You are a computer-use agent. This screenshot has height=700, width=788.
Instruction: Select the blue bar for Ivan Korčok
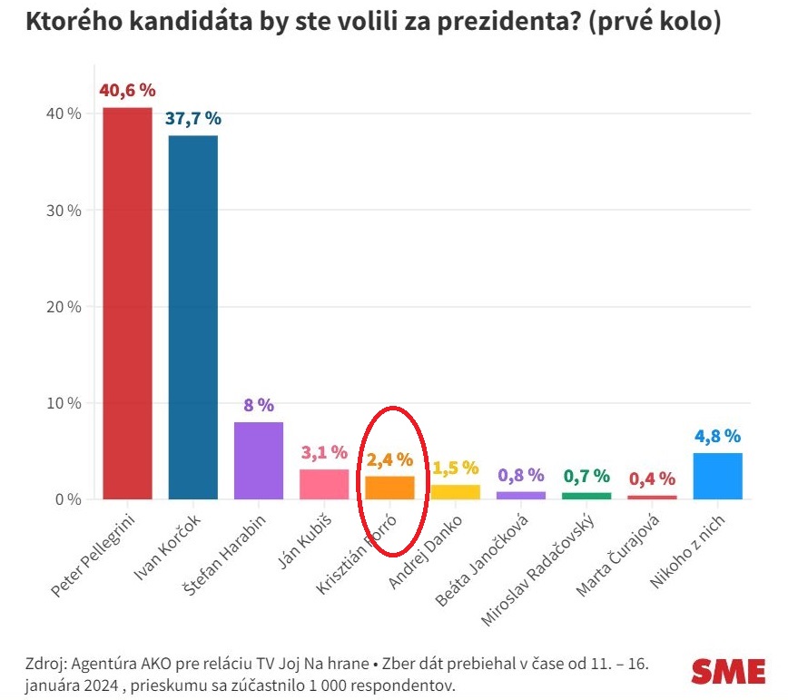point(192,317)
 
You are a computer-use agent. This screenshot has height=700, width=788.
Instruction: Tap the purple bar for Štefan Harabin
point(259,460)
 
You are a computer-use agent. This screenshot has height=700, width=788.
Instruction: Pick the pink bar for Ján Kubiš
point(324,484)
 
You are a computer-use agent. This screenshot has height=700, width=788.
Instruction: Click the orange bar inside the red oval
point(389,488)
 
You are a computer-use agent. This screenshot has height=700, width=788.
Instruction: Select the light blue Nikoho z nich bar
point(717,476)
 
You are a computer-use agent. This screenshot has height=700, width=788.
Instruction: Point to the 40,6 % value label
point(127,91)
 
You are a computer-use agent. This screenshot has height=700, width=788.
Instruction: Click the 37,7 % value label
point(192,119)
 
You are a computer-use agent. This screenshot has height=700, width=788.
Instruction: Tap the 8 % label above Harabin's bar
point(259,405)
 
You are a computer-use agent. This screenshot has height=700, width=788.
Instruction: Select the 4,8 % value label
point(717,436)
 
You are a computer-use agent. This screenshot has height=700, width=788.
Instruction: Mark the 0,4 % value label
point(652,478)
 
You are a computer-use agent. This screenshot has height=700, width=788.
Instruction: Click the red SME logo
point(728,671)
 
